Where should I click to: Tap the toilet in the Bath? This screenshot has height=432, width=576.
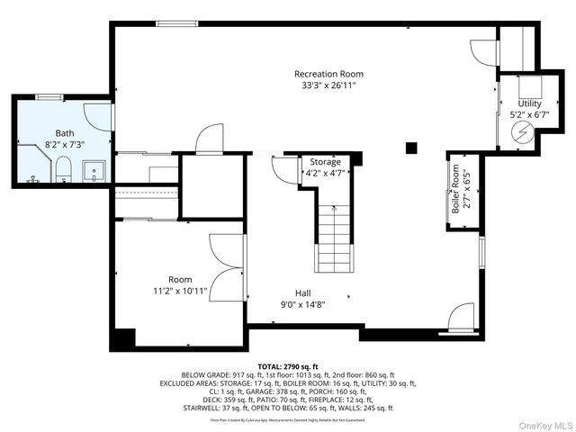(62, 168)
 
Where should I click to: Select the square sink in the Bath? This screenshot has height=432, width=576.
(94, 170)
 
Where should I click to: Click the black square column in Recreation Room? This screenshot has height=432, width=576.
(411, 147)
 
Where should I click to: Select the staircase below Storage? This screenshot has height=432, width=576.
(333, 238)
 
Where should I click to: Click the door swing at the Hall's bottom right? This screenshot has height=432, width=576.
(461, 317)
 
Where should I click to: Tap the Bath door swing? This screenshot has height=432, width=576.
(97, 117)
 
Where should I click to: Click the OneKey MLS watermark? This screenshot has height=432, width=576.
(544, 424)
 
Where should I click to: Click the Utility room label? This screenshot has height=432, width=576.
(529, 103)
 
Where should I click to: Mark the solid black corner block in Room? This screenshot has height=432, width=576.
(122, 339)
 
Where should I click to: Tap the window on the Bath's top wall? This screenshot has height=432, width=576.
(49, 95)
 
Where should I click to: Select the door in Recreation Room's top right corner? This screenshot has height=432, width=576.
(483, 52)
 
